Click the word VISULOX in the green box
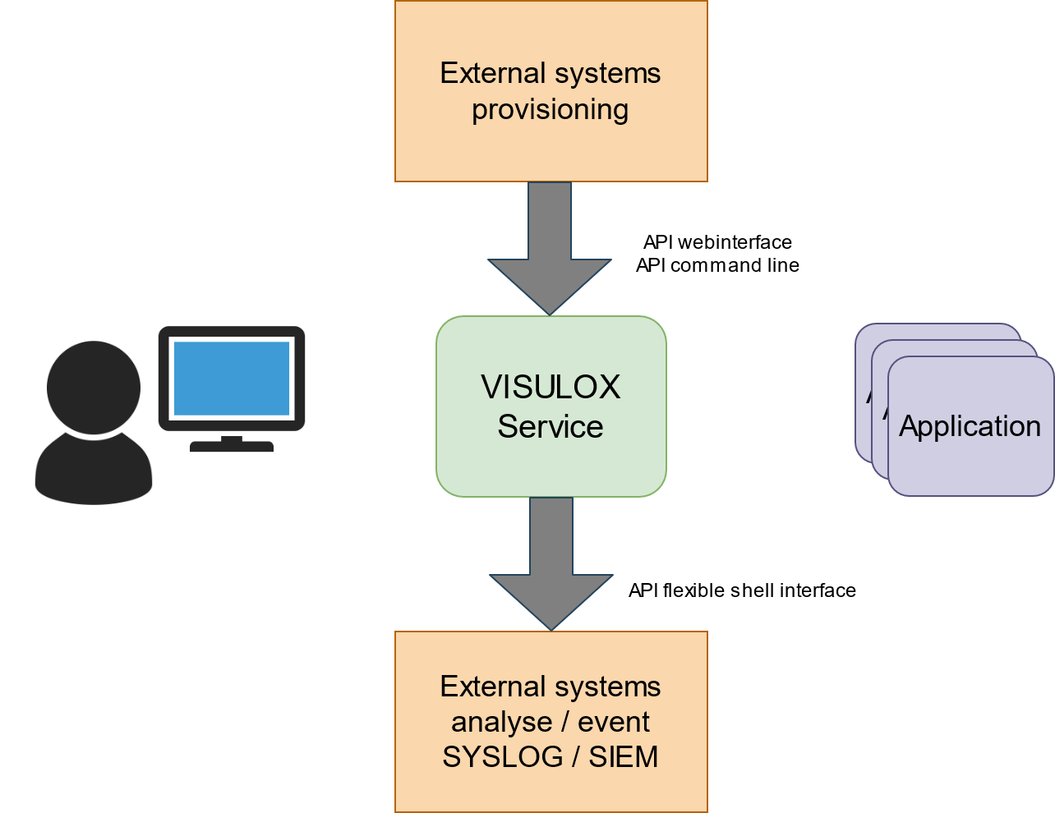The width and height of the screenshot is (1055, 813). [551, 387]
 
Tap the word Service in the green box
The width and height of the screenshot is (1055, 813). [551, 427]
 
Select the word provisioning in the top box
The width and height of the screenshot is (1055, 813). [551, 109]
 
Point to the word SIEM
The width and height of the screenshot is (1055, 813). [624, 756]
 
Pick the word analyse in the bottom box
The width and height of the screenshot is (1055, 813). [501, 722]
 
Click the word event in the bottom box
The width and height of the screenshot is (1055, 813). [614, 722]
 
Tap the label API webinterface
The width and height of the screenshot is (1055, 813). [717, 242]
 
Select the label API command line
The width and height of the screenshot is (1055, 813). [717, 265]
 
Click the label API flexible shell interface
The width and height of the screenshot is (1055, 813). [742, 590]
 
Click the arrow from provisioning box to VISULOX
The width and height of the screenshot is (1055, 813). [550, 246]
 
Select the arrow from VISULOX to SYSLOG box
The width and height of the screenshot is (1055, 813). [551, 563]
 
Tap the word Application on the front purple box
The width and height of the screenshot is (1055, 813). [970, 426]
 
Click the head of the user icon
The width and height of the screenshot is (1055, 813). [94, 387]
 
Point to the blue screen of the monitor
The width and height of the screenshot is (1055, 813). [232, 378]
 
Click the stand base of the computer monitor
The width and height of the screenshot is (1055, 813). [232, 446]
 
